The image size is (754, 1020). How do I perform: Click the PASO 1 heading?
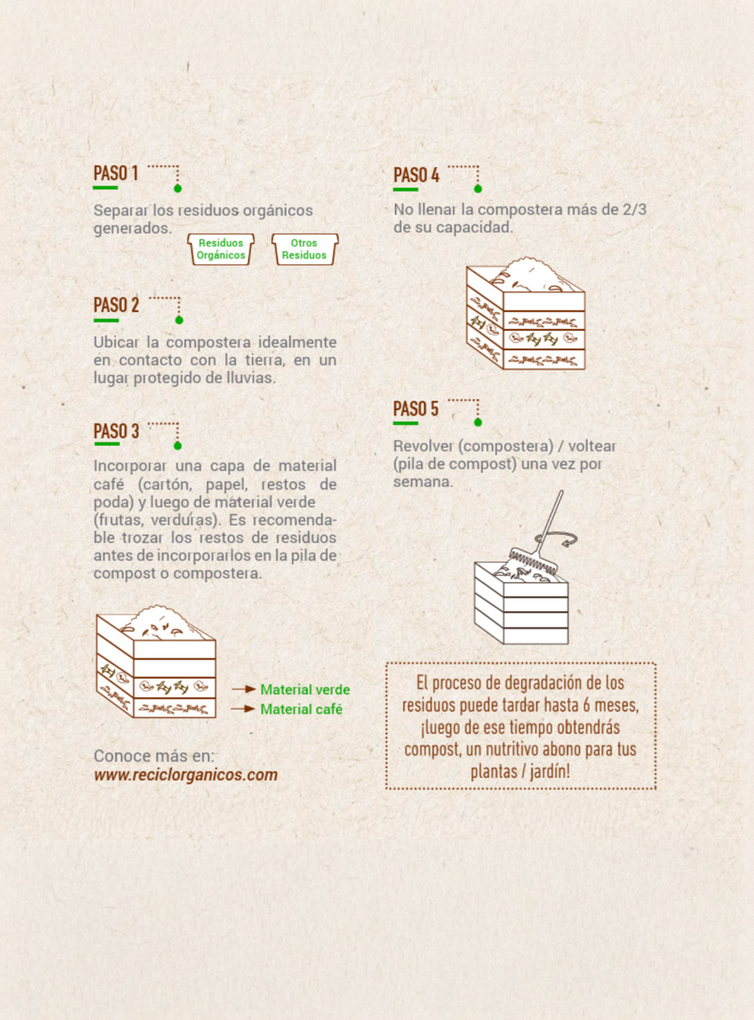116,173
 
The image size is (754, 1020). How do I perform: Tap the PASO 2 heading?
116,306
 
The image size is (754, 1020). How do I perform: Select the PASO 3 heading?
116,432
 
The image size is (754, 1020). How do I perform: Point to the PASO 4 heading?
417,175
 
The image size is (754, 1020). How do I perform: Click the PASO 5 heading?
416,409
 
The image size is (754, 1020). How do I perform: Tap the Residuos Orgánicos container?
221,249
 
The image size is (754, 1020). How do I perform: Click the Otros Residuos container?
304,249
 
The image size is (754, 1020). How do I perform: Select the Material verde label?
305,689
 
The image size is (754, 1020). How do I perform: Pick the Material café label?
301,709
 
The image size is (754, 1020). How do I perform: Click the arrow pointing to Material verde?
244,689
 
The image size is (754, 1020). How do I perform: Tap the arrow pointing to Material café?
243,709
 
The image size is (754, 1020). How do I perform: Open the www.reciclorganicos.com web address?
186,775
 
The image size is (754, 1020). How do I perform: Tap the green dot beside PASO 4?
478,189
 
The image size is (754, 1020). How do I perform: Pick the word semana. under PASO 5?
423,482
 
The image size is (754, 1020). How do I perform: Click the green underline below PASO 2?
106,321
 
